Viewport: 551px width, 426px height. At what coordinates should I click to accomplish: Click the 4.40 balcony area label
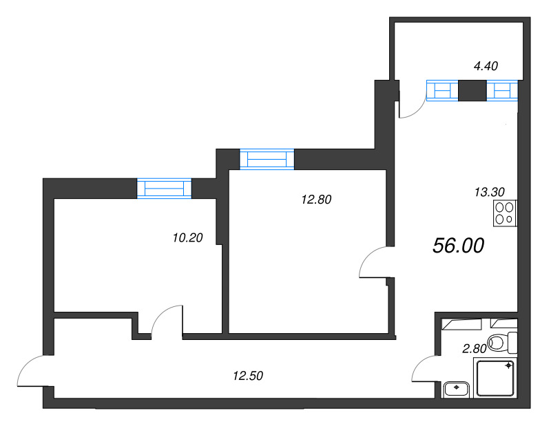click(x=486, y=66)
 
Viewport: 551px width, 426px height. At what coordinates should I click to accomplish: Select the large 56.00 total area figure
click(x=459, y=246)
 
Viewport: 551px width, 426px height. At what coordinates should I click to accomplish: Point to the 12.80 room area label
click(x=317, y=200)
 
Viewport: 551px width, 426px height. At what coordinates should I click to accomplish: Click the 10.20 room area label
click(x=187, y=238)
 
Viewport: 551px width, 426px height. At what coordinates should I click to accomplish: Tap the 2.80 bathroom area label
click(x=475, y=349)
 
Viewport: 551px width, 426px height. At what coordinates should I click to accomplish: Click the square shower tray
click(x=497, y=379)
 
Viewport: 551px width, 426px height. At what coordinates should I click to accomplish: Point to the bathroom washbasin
click(x=456, y=390)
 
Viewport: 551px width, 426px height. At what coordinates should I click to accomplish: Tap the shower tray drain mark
click(x=509, y=366)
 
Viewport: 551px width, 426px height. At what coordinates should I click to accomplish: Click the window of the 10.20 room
click(x=163, y=189)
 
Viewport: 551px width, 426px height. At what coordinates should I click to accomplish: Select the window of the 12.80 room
click(x=267, y=159)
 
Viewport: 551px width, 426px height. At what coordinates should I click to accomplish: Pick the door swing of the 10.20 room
click(x=165, y=320)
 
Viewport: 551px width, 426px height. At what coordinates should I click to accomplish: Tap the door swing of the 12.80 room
click(x=375, y=262)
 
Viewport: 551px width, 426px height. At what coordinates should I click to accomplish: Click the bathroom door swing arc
click(x=423, y=370)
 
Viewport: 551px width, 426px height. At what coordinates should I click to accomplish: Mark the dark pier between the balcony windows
click(x=472, y=90)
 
